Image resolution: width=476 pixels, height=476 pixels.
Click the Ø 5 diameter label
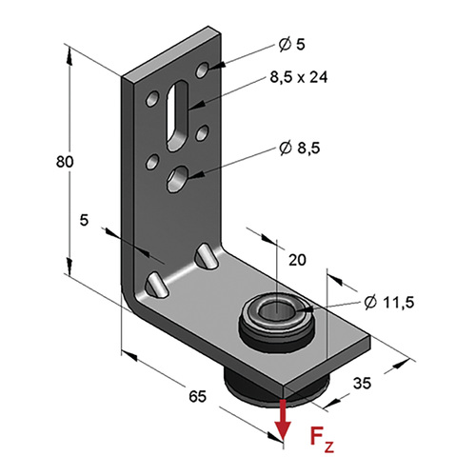pos(291,44)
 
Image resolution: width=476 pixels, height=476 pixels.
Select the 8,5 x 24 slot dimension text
pos(299,77)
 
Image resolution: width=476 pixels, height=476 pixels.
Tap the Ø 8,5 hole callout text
pos(300,148)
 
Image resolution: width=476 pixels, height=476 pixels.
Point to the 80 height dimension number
pos(65,162)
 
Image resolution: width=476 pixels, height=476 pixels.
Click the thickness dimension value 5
pos(84,220)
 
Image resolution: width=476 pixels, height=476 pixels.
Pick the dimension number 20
pos(297,260)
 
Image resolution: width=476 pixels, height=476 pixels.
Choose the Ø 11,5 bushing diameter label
pos(389,303)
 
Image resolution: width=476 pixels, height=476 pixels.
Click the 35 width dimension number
pos(362,383)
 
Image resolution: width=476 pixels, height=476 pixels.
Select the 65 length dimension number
pos(197,396)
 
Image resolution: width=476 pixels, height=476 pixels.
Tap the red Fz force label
pos(322,440)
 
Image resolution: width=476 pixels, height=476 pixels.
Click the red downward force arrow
pos(282,420)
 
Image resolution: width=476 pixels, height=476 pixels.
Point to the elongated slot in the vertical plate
pos(177,115)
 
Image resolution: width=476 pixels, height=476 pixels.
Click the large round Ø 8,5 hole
pos(178,179)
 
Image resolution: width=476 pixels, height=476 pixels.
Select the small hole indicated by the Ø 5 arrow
pos(202,69)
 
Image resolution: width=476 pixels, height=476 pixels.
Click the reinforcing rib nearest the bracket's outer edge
pos(156,284)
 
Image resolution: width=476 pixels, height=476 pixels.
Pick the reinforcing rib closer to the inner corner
pos(207,256)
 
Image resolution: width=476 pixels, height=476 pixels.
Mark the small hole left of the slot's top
pos(152,99)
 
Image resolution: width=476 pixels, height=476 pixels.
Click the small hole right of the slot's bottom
pos(202,132)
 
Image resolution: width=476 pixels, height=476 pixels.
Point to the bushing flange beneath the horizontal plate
pos(273,388)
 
